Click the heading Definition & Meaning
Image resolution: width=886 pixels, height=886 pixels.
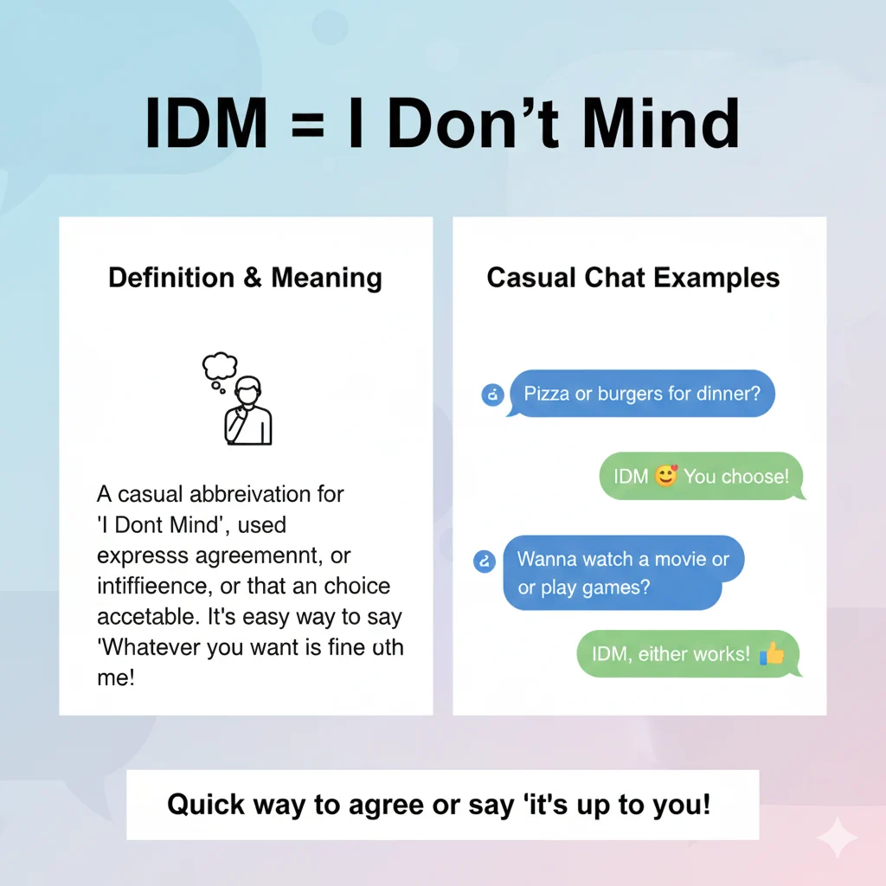tap(245, 278)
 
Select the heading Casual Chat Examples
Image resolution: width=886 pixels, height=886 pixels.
tap(633, 278)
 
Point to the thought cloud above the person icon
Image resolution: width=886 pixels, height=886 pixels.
tap(219, 367)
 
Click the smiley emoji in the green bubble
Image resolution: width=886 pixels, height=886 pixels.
tap(665, 476)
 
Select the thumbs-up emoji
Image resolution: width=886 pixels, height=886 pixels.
tap(770, 654)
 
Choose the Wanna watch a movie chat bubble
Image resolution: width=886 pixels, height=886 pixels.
tap(623, 573)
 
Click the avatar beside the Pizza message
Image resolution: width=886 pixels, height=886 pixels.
tap(491, 395)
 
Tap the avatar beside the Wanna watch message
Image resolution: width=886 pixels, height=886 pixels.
tap(485, 561)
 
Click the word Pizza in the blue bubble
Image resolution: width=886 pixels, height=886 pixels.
tap(547, 394)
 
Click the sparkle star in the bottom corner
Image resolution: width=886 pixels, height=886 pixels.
tap(837, 837)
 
